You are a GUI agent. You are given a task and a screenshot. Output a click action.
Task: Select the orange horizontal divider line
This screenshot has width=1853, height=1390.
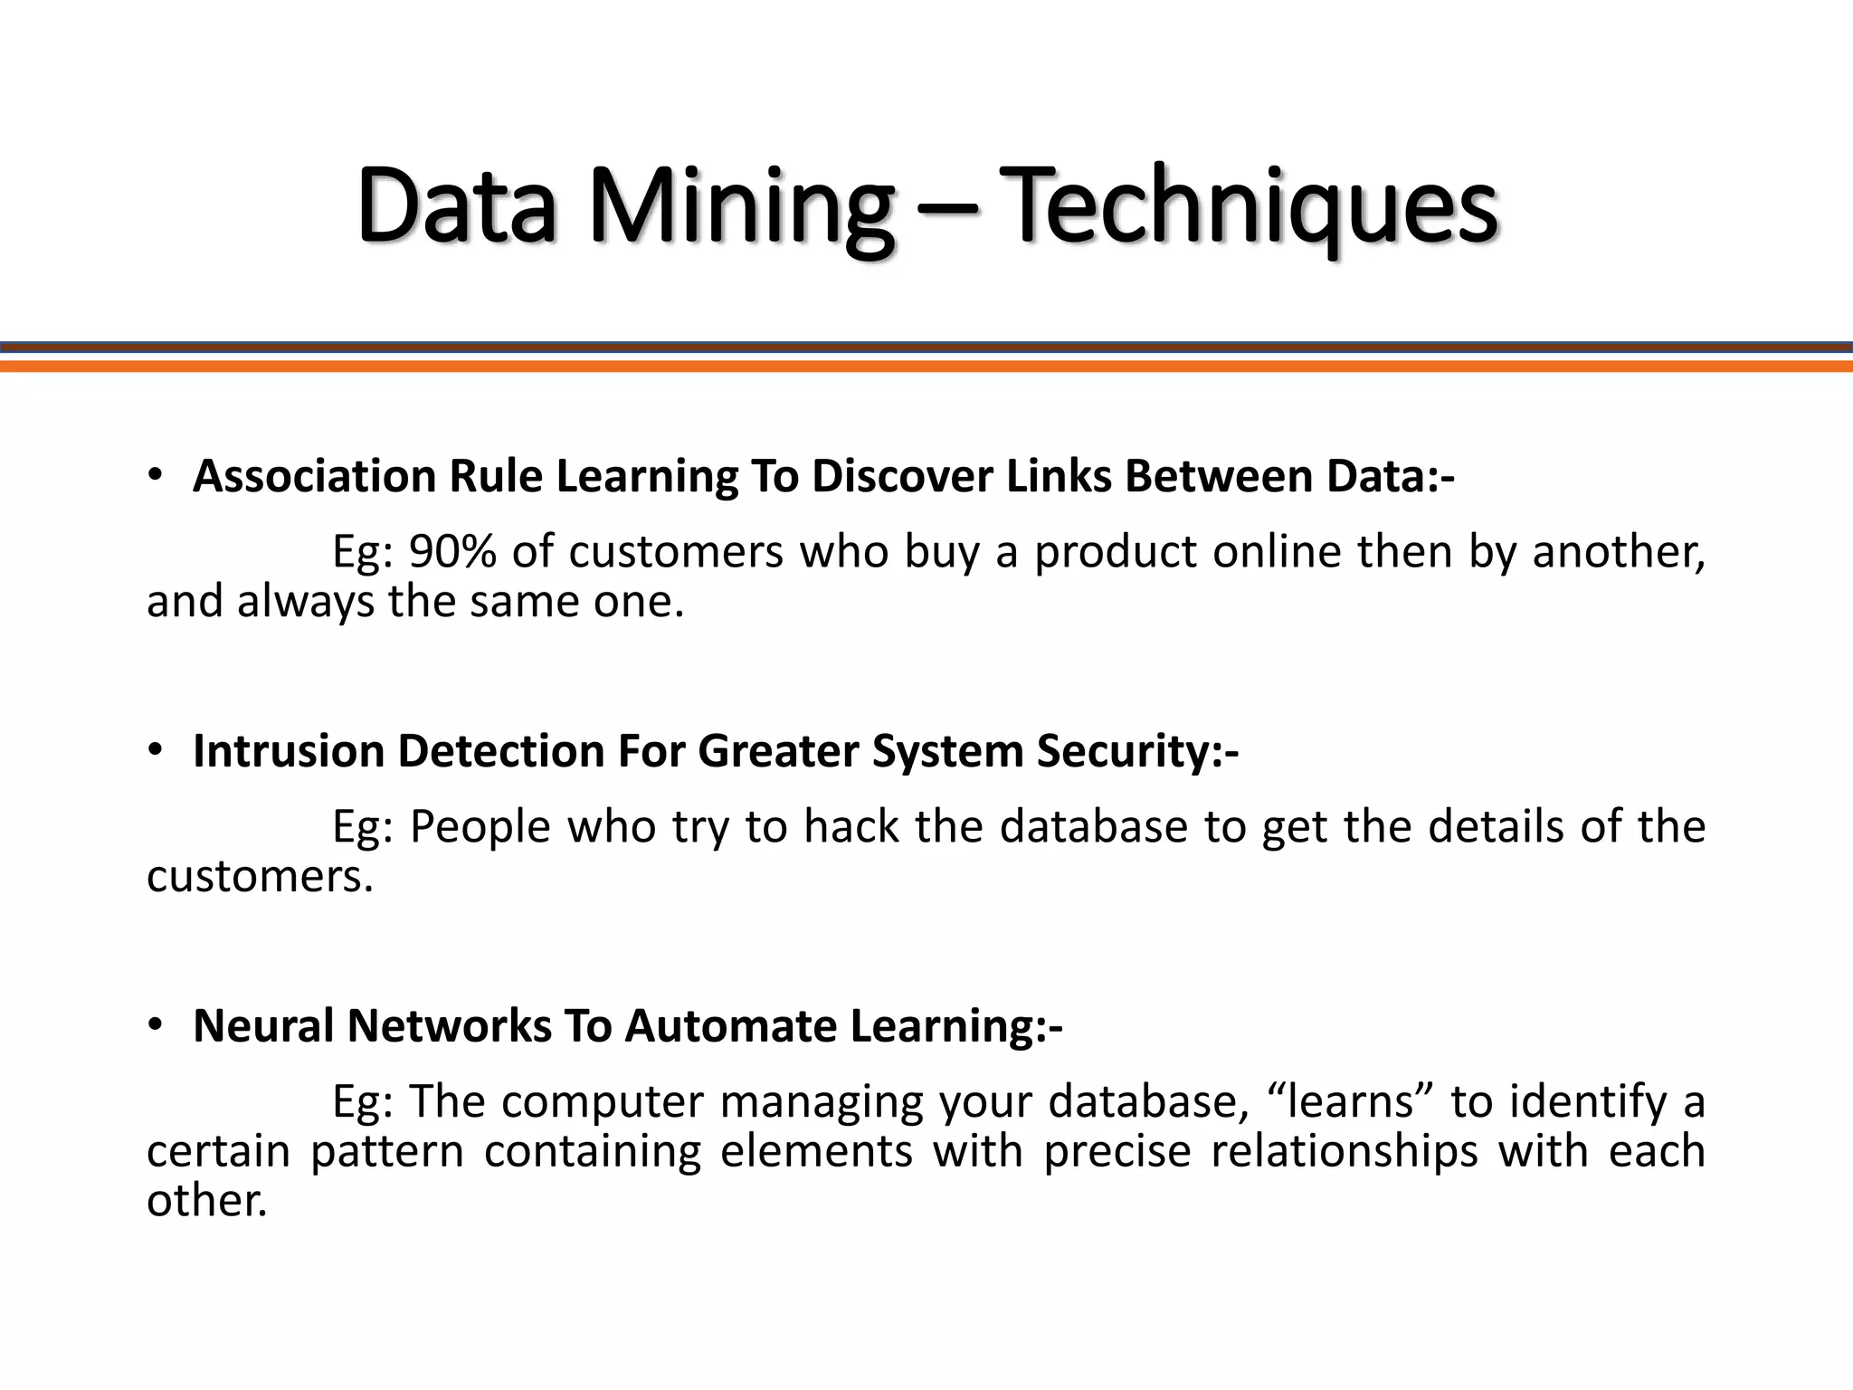(926, 367)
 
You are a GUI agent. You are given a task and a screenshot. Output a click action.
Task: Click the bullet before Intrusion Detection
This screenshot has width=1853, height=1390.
(156, 749)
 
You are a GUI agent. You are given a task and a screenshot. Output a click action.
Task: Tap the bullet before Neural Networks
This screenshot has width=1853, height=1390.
(156, 1024)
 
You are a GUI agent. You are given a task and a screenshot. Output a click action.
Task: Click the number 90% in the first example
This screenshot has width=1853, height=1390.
(452, 552)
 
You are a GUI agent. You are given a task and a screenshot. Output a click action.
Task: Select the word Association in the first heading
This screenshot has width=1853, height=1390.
(314, 476)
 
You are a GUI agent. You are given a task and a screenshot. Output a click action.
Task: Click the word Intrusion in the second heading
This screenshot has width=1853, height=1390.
(289, 751)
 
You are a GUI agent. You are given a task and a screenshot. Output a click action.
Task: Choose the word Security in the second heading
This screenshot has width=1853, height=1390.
(1129, 751)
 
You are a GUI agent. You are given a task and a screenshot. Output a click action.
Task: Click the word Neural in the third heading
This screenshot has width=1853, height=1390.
(263, 1026)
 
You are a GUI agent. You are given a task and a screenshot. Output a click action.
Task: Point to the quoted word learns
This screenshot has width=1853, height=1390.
(1349, 1102)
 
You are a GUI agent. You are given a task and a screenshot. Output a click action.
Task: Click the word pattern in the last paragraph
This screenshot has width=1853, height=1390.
(386, 1152)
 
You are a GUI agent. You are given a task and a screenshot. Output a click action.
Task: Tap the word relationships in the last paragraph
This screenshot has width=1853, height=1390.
(1344, 1152)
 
